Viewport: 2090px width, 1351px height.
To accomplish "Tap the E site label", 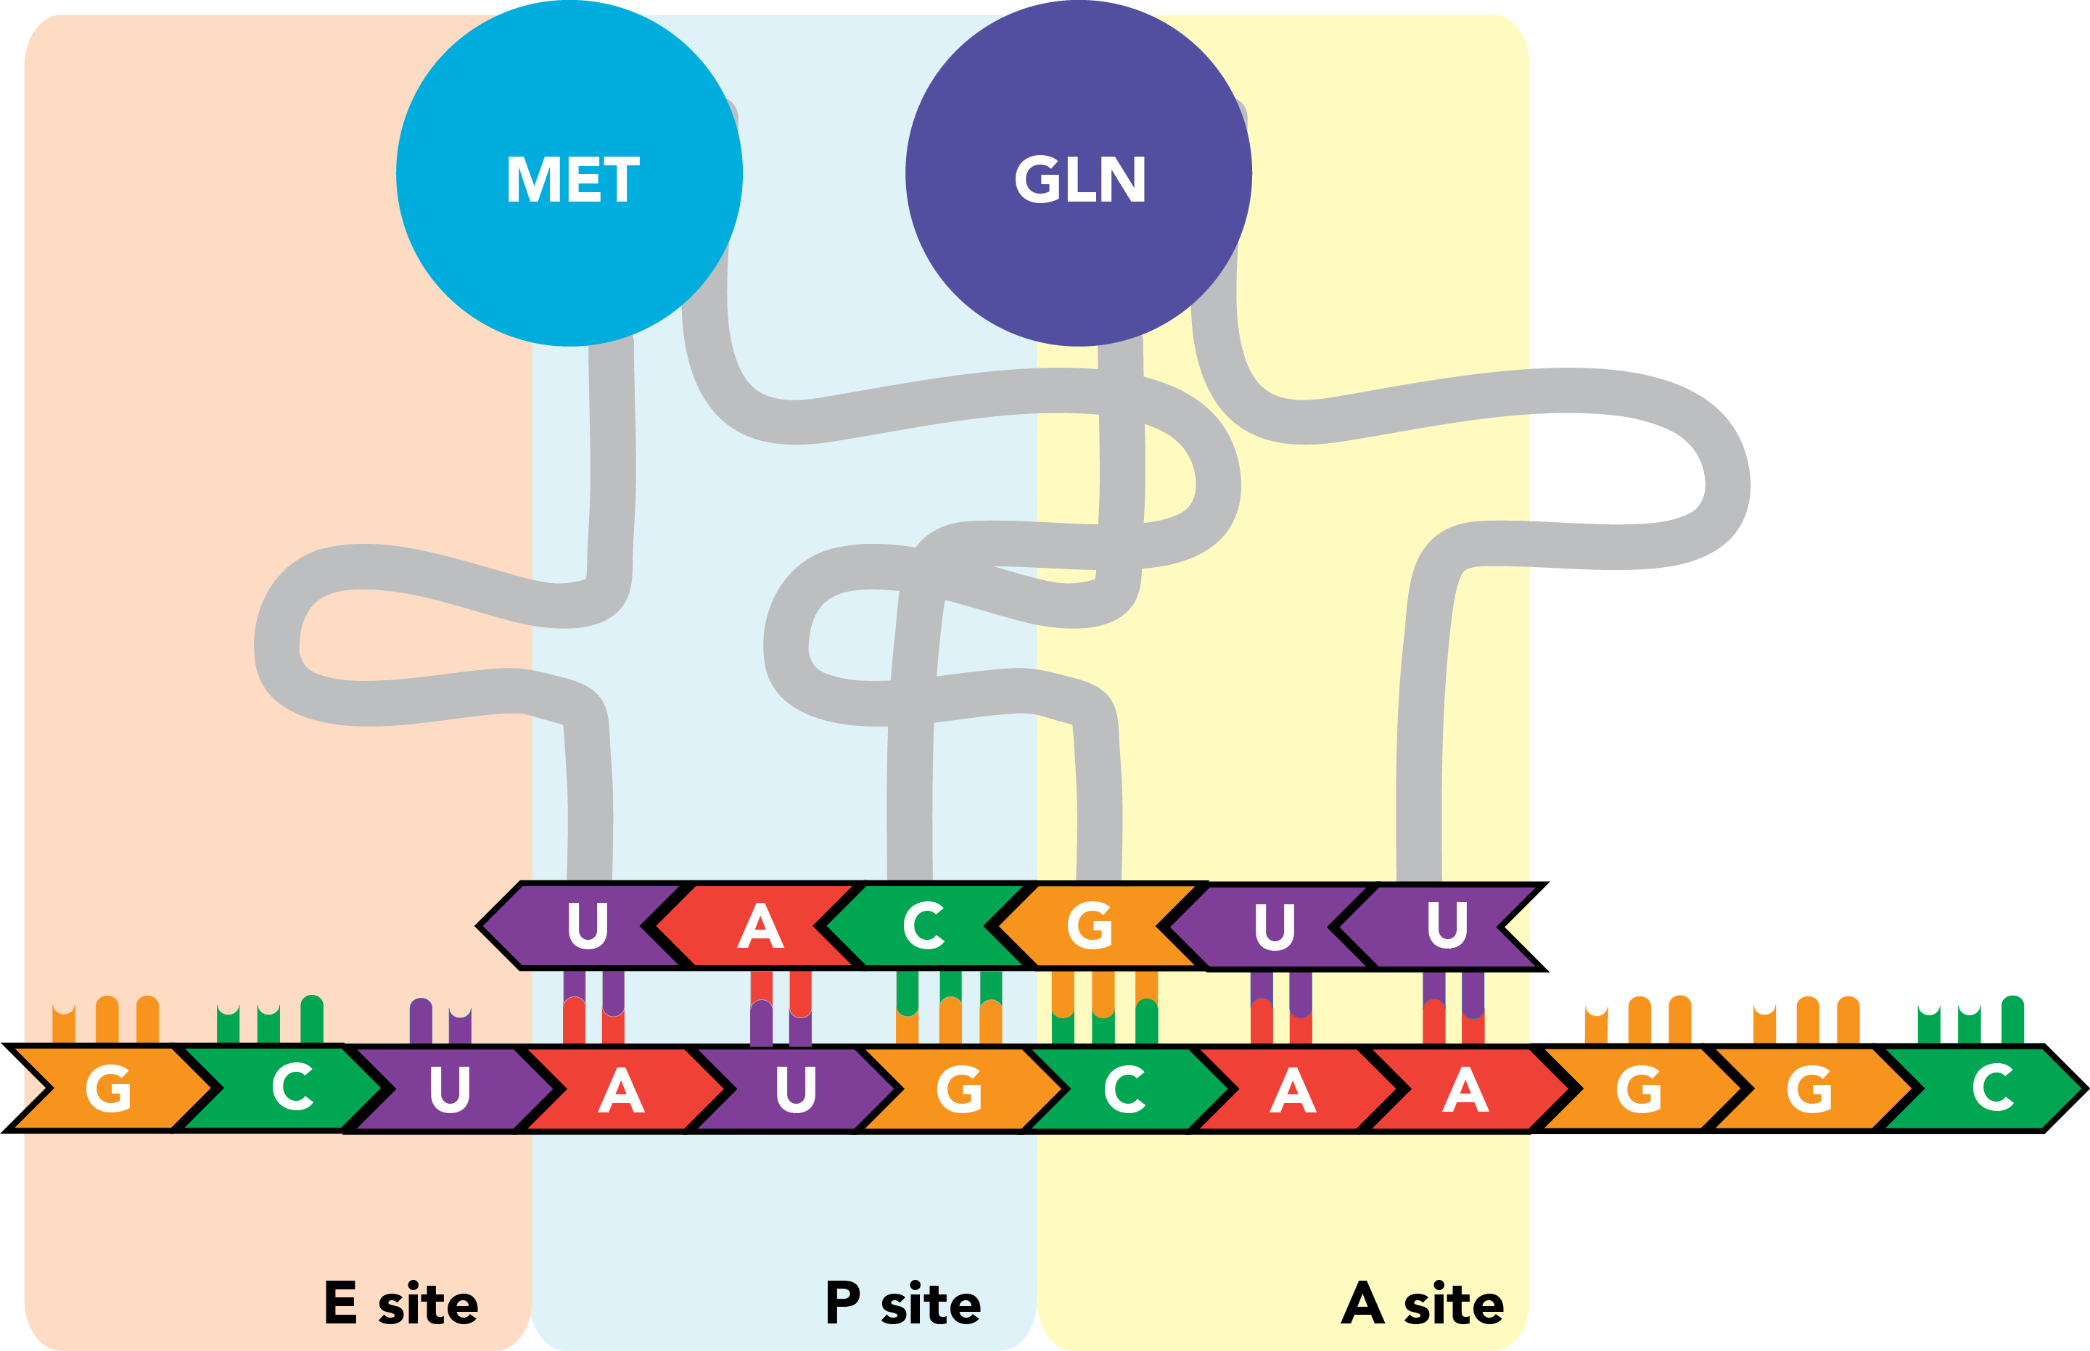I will (x=401, y=1304).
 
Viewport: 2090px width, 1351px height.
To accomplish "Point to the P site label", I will (x=903, y=1304).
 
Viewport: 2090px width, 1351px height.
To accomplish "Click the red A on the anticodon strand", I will (x=760, y=926).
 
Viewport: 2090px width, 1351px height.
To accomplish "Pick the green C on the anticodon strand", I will (x=924, y=926).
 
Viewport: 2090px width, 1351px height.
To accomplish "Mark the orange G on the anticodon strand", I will (x=1090, y=926).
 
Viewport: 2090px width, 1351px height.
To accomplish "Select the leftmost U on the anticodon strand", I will (x=587, y=926).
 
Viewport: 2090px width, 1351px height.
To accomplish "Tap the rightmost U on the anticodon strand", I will (x=1447, y=926).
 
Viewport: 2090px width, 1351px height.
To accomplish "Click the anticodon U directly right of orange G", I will (x=1274, y=926).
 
